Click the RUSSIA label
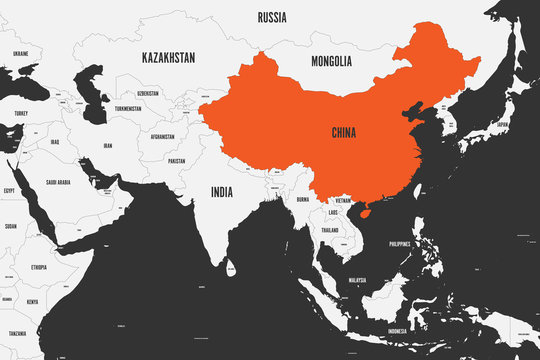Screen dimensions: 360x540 click(x=273, y=17)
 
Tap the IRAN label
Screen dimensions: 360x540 click(x=107, y=145)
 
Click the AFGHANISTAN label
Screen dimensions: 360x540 click(x=161, y=136)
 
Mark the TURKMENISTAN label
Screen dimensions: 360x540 click(x=128, y=108)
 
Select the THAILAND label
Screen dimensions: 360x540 click(x=329, y=230)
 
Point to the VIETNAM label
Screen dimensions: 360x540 click(x=343, y=200)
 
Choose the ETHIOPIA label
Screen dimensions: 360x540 click(x=39, y=268)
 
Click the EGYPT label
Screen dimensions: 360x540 click(x=9, y=189)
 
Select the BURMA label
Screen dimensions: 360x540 click(x=303, y=199)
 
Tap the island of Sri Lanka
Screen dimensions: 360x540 click(x=232, y=268)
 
